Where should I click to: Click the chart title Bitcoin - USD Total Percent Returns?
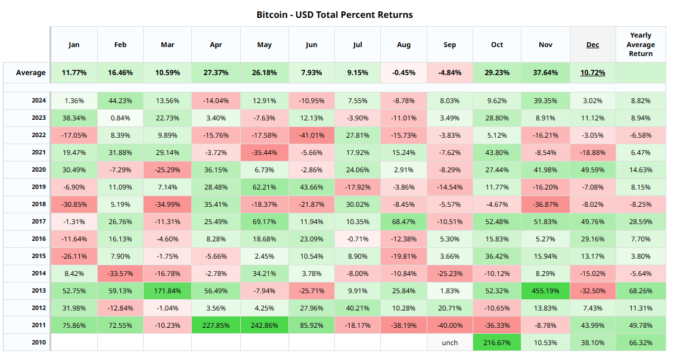coord(334,14)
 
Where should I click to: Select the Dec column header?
coord(592,45)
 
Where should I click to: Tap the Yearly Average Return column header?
coord(641,45)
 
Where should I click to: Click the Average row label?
coord(31,73)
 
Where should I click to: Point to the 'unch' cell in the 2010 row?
coord(449,343)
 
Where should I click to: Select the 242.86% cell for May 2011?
coord(264,325)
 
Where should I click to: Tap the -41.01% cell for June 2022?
coord(312,135)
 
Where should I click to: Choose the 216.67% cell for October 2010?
coord(497,343)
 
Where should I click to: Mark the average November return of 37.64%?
coord(545,73)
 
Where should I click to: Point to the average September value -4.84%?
coord(449,73)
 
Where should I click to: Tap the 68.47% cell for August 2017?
coord(403,222)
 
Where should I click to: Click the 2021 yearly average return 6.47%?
coord(641,153)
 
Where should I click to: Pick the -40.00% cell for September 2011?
coord(449,325)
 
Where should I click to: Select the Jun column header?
coord(312,45)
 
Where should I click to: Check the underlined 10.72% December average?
coord(592,73)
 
